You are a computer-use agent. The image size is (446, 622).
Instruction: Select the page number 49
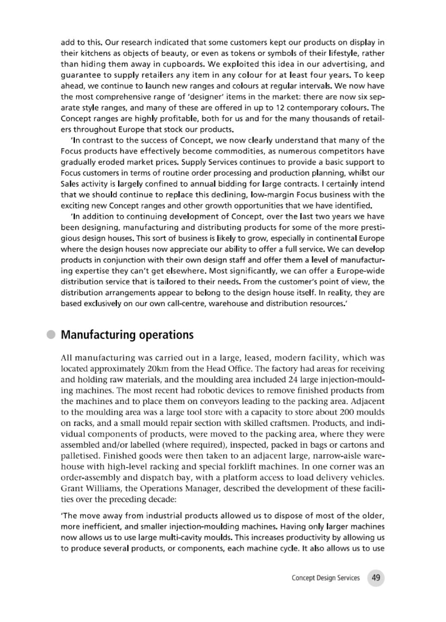pyautogui.click(x=375, y=578)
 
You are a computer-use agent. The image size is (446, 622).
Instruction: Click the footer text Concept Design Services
pyautogui.click(x=326, y=578)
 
